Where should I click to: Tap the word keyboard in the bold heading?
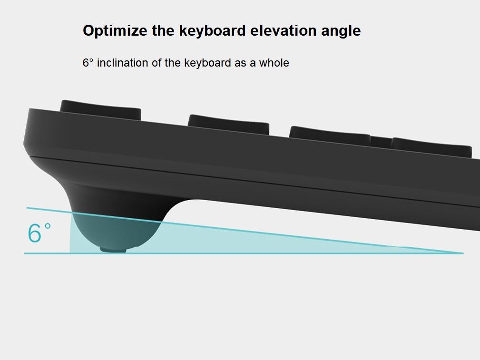(x=212, y=30)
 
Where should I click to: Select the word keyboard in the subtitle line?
(x=207, y=63)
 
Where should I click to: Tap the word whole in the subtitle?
(x=274, y=63)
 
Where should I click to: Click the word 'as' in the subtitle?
(x=240, y=63)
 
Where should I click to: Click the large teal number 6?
(x=34, y=233)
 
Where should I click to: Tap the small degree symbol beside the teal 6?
(x=48, y=226)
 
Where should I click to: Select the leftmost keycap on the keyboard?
(x=100, y=109)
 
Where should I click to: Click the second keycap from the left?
(x=228, y=124)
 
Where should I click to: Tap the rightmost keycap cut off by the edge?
(x=431, y=147)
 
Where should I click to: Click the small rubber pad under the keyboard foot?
(x=113, y=250)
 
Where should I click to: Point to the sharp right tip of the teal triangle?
(x=463, y=253)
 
